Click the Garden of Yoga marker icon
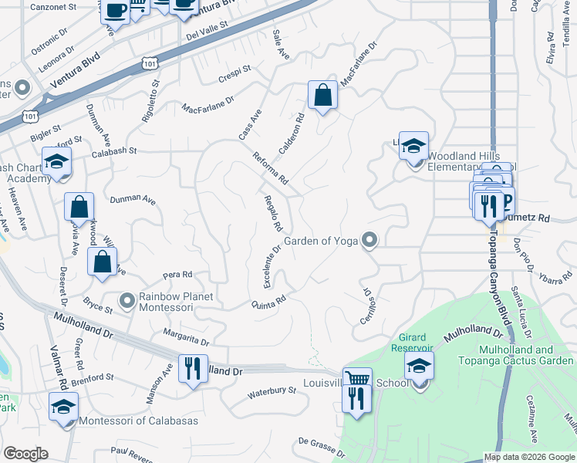click(370, 241)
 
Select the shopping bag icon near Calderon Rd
click(322, 96)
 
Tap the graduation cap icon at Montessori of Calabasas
click(63, 407)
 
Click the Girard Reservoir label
click(419, 343)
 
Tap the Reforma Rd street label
click(270, 169)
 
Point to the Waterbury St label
click(272, 392)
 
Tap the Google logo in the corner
click(25, 454)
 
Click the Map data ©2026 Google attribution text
click(529, 457)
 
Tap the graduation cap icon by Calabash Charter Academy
click(56, 161)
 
